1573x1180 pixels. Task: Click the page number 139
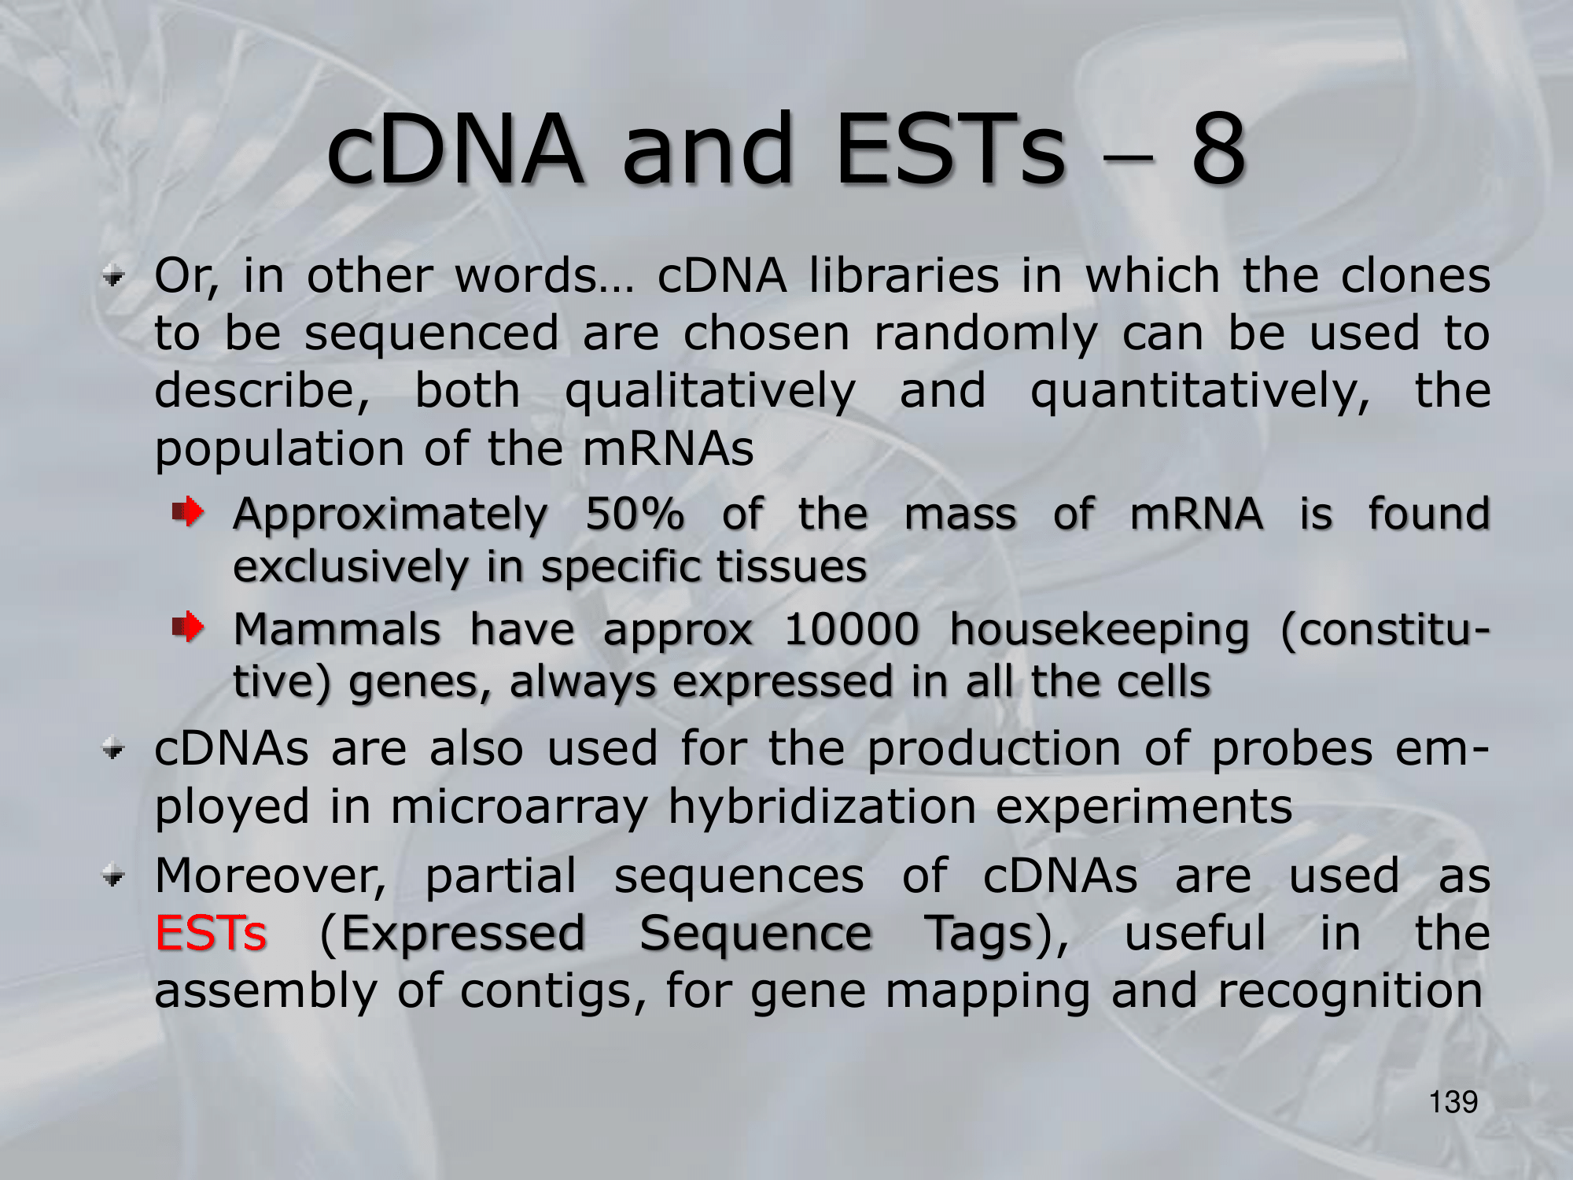click(1453, 1102)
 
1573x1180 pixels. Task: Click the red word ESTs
click(211, 934)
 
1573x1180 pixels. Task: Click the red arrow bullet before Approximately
click(189, 513)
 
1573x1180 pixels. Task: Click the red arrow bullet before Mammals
click(189, 628)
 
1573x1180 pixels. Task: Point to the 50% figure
click(635, 514)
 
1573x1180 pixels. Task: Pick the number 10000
click(852, 629)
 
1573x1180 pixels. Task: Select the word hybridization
click(822, 807)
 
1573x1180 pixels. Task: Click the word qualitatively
click(710, 392)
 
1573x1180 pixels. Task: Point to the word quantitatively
click(1200, 392)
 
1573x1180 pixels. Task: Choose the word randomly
click(985, 334)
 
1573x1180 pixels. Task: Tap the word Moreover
click(271, 876)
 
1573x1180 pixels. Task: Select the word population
click(279, 450)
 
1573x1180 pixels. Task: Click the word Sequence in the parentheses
click(756, 935)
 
